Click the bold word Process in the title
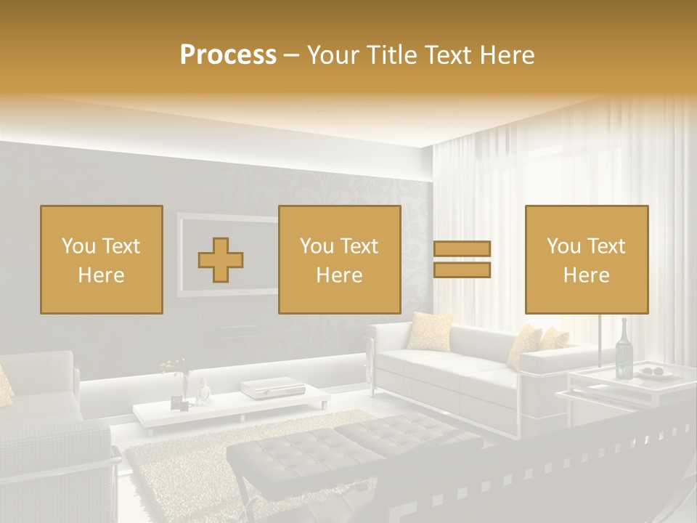(228, 54)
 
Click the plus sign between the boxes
(221, 260)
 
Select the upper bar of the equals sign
(462, 248)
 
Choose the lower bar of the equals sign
(462, 270)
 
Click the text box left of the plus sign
(101, 259)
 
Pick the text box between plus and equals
(339, 259)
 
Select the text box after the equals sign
(586, 259)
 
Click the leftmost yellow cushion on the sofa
(430, 331)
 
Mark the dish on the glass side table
(656, 373)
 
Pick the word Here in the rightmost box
(586, 275)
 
